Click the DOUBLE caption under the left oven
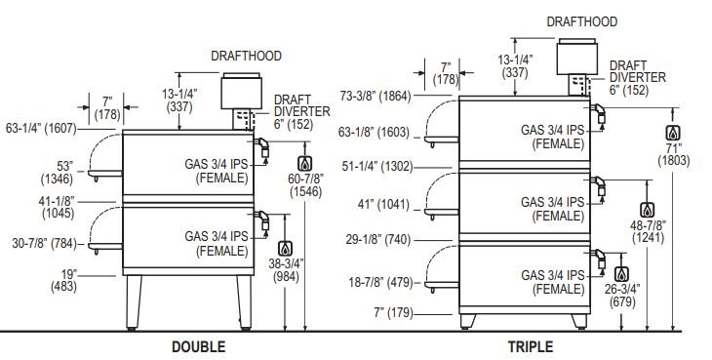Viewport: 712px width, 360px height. [198, 347]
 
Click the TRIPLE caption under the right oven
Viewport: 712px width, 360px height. [531, 347]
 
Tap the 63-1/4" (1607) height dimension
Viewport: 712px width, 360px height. [41, 129]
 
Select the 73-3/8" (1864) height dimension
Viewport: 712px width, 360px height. [376, 96]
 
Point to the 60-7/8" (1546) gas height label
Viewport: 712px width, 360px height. [306, 185]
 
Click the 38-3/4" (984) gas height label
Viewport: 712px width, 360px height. [286, 269]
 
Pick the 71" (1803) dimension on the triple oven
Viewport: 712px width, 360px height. [674, 154]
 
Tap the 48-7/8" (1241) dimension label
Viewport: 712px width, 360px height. [648, 231]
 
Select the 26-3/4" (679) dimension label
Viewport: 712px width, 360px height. [622, 295]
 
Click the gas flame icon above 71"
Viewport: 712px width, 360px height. [673, 133]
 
